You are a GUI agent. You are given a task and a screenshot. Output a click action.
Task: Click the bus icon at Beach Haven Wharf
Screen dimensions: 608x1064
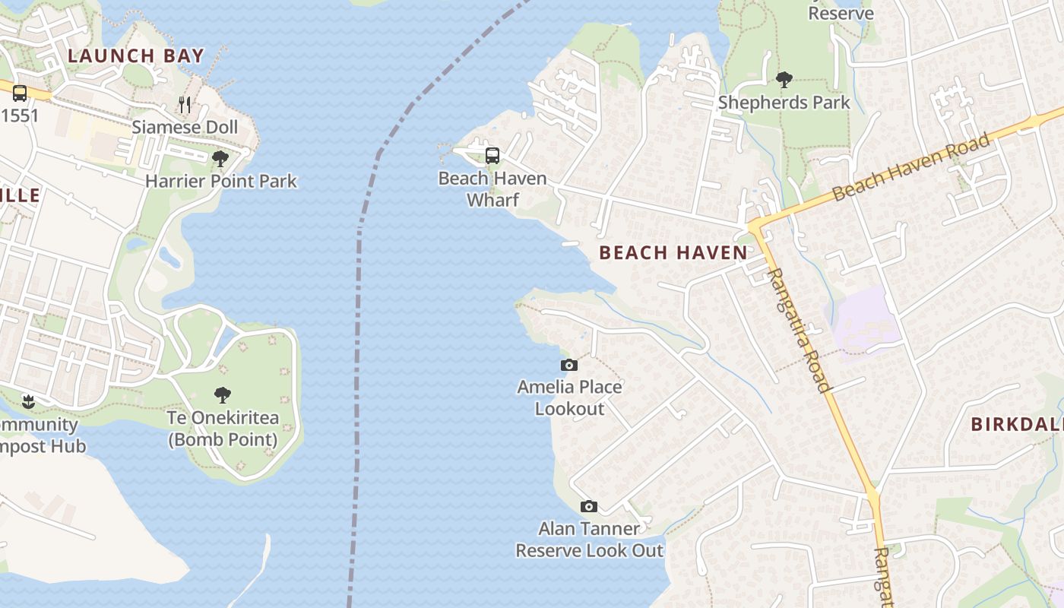492,156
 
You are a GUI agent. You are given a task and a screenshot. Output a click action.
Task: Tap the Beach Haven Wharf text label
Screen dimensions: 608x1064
492,189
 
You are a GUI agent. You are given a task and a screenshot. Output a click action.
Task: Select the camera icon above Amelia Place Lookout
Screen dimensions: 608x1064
568,366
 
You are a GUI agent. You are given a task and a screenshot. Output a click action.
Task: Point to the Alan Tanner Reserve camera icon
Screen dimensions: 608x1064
588,507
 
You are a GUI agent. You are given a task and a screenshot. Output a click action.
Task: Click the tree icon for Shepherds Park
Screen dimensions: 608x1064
784,80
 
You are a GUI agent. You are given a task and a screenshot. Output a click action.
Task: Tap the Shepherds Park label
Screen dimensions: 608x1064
784,103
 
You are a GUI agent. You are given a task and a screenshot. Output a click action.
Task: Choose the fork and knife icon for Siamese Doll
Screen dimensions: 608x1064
185,104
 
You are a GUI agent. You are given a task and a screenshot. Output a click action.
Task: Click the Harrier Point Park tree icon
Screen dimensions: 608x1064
220,159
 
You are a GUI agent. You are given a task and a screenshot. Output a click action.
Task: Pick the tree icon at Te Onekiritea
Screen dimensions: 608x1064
222,395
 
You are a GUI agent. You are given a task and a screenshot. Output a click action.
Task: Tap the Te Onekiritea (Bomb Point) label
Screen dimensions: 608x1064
223,429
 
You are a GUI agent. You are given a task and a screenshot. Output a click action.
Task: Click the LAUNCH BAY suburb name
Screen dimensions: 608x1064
136,55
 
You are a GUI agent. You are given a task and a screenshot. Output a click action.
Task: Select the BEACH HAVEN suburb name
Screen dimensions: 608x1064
673,253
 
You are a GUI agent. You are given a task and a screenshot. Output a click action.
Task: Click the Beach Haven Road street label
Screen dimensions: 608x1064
912,167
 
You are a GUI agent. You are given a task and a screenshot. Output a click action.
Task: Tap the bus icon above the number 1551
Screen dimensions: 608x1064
20,93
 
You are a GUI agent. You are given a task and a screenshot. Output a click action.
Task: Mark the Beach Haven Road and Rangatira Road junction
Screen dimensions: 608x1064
755,226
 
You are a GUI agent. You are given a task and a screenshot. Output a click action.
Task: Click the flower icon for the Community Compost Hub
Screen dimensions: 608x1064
29,401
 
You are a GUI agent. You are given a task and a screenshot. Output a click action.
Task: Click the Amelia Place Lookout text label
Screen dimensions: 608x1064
569,397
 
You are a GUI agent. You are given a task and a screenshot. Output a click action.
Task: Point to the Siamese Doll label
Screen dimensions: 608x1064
185,127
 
